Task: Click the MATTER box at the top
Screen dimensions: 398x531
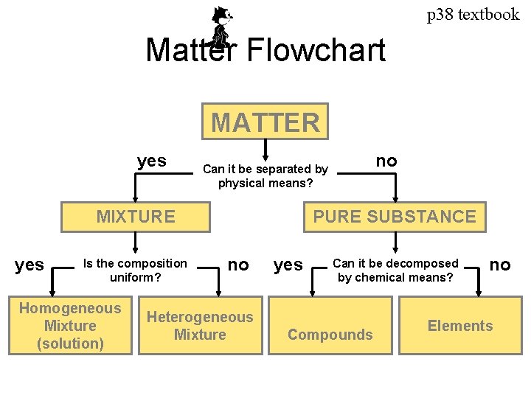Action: point(265,122)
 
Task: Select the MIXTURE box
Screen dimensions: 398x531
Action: point(136,217)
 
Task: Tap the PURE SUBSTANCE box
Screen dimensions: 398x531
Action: point(395,217)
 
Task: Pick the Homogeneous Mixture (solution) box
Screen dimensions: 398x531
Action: point(70,326)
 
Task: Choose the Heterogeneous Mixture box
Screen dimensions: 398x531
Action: point(200,326)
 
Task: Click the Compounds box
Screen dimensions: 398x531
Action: point(330,335)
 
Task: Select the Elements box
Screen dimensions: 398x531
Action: point(460,326)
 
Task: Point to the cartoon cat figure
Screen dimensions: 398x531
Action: point(221,26)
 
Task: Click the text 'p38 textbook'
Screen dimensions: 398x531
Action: point(473,14)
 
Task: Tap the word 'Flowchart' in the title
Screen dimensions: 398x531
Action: point(316,51)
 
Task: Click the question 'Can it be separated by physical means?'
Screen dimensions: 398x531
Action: point(265,175)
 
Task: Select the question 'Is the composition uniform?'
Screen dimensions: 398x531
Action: point(136,270)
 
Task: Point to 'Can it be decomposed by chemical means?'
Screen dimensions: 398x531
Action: point(395,270)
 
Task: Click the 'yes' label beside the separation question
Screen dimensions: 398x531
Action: point(152,161)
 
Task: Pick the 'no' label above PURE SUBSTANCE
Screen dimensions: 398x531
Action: point(386,161)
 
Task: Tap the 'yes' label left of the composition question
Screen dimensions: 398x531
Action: point(29,265)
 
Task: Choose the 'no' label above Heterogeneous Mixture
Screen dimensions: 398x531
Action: point(238,265)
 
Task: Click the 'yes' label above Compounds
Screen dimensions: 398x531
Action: point(288,265)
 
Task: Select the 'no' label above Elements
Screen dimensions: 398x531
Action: point(500,265)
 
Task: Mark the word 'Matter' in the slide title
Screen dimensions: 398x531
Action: point(190,51)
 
